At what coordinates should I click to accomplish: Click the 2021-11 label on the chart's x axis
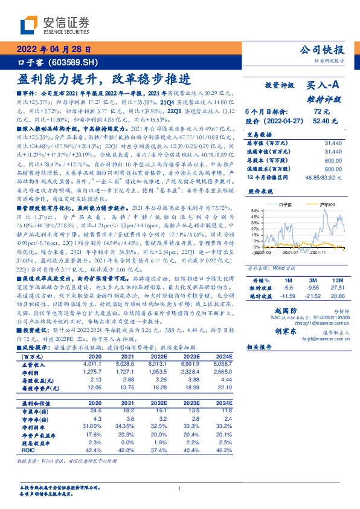(319, 253)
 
